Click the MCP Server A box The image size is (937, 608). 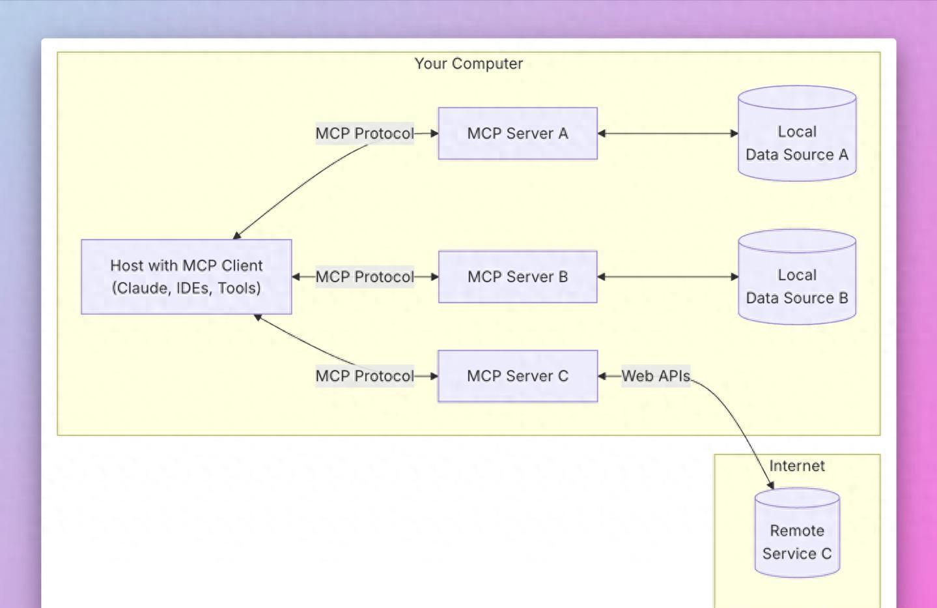pyautogui.click(x=518, y=134)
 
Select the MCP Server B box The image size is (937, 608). pyautogui.click(x=518, y=277)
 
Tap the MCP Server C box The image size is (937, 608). pyautogui.click(x=518, y=376)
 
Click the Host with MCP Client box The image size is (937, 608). pyautogui.click(x=186, y=277)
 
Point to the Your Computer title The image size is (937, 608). pyautogui.click(x=469, y=64)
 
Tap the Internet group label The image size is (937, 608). pyautogui.click(x=797, y=466)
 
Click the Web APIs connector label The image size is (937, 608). pyautogui.click(x=656, y=376)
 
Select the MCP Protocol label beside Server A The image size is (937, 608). pyautogui.click(x=365, y=134)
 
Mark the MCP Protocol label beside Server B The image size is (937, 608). pyautogui.click(x=365, y=277)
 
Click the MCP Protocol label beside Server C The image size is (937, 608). pyautogui.click(x=365, y=376)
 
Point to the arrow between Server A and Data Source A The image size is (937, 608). pyautogui.click(x=667, y=134)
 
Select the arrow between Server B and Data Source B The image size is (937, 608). pyautogui.click(x=667, y=277)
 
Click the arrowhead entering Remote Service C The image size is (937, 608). pyautogui.click(x=771, y=485)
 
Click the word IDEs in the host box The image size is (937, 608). pyautogui.click(x=193, y=288)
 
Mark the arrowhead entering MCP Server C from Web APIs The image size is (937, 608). pyautogui.click(x=602, y=376)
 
